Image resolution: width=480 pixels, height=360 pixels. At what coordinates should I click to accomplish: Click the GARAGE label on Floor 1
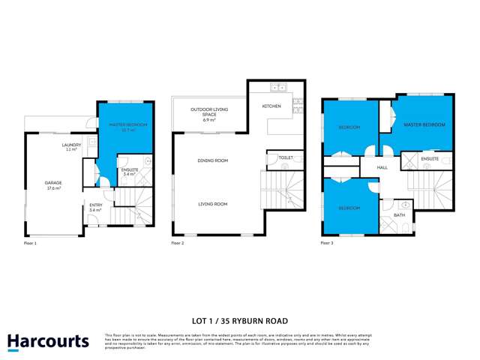click(x=53, y=182)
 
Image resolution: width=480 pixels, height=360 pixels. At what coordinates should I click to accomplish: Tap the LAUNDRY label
click(x=71, y=145)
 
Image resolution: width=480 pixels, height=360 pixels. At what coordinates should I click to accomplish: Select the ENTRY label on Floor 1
click(x=95, y=205)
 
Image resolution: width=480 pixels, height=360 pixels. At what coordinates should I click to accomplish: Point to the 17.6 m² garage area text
click(x=53, y=188)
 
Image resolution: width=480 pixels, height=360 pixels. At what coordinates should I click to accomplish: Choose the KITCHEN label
click(x=271, y=106)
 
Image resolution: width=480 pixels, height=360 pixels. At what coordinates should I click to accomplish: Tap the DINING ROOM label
click(x=212, y=160)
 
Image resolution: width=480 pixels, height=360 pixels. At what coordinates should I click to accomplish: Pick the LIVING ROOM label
click(x=212, y=204)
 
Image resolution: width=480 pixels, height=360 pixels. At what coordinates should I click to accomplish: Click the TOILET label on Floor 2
click(x=285, y=158)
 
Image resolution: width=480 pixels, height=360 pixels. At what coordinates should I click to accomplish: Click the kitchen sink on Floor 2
click(x=279, y=87)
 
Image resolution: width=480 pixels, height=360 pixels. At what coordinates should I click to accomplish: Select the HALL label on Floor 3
click(x=381, y=168)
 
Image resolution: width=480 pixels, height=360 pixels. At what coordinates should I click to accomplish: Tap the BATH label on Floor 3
click(x=398, y=215)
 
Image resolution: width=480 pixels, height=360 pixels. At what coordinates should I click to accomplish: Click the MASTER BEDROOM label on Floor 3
click(x=424, y=124)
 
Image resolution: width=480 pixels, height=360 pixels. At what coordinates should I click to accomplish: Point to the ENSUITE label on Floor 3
click(x=430, y=160)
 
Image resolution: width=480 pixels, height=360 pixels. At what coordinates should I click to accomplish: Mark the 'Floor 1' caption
click(x=30, y=244)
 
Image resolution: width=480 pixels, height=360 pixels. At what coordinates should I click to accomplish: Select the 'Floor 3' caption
click(x=327, y=244)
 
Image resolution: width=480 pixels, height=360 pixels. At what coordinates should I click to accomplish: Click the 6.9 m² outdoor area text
click(x=208, y=120)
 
